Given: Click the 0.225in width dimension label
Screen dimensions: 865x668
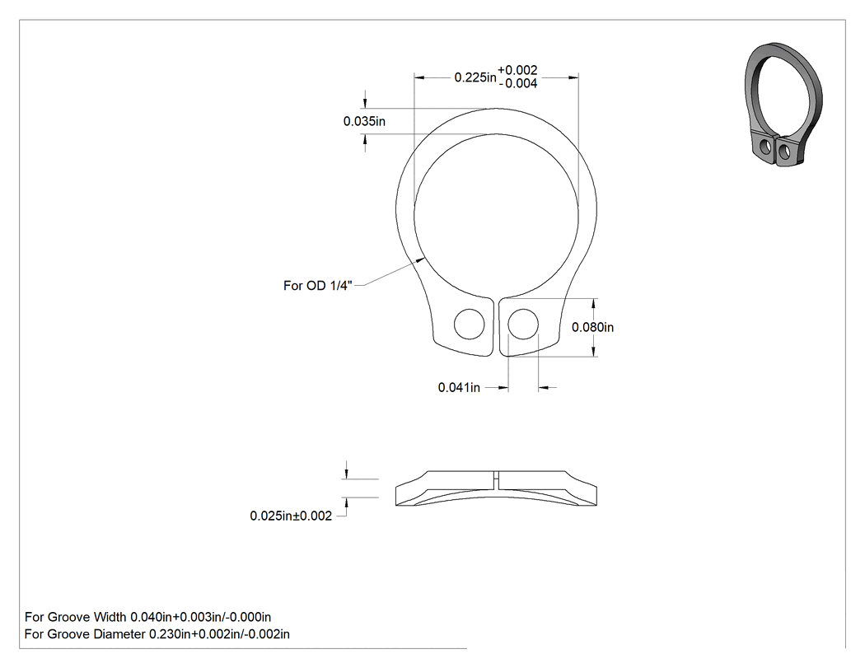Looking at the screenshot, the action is [475, 77].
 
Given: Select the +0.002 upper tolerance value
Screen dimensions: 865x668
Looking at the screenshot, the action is [517, 70].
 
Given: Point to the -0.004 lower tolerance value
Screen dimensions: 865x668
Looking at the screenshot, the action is [518, 83].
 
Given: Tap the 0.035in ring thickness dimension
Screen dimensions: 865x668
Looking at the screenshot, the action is [364, 121].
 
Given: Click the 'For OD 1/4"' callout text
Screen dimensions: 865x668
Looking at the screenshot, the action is [318, 286].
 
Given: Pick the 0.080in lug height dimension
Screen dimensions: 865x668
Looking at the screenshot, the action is [592, 327].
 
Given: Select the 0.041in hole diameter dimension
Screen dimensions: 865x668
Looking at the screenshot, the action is [459, 388].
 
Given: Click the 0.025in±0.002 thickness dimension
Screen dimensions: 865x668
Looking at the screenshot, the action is [291, 516].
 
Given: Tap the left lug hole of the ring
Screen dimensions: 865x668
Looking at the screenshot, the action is [470, 324].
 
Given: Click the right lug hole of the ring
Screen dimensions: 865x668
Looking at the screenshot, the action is [523, 324].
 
